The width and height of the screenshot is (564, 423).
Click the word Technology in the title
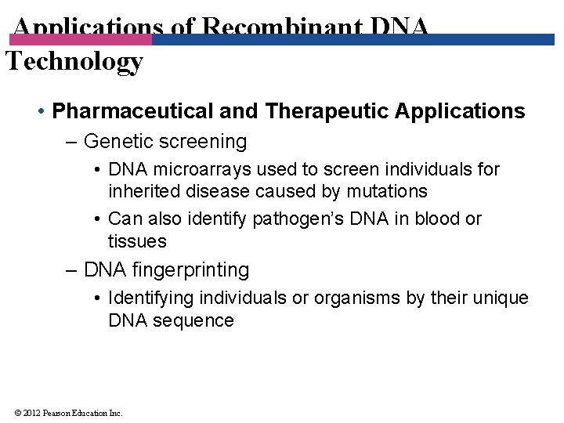74,61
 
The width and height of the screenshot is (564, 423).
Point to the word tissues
137,241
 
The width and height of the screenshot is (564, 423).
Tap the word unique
500,298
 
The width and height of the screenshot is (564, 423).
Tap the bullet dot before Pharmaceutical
41,112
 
